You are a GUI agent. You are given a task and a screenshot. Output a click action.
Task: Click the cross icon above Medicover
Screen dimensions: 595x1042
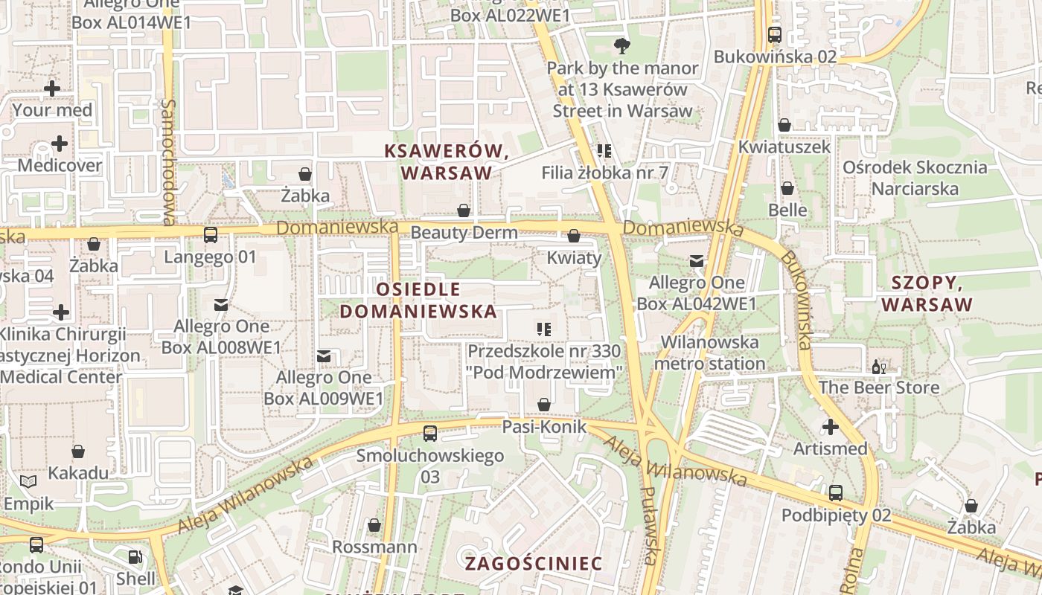click(x=60, y=144)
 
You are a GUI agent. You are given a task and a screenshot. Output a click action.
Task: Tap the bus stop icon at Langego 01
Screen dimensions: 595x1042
click(x=211, y=235)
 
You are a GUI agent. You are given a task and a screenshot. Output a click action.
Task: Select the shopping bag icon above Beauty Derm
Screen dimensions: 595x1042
click(x=464, y=210)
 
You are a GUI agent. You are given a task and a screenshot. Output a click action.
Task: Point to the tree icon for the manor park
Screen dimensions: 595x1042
click(x=621, y=47)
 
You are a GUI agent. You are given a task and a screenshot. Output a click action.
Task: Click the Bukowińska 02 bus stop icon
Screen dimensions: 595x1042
click(x=775, y=34)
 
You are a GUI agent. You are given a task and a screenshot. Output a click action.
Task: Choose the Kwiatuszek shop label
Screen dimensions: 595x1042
click(x=784, y=147)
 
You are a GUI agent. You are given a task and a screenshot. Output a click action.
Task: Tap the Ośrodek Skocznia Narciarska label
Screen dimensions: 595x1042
click(x=915, y=178)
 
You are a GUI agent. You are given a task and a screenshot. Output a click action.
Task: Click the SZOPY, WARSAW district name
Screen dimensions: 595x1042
click(x=927, y=294)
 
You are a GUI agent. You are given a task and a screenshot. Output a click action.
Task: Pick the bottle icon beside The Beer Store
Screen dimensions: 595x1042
click(x=878, y=367)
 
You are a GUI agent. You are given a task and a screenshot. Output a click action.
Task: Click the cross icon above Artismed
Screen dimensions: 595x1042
click(x=831, y=427)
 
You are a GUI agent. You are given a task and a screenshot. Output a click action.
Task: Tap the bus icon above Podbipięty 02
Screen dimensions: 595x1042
click(x=836, y=492)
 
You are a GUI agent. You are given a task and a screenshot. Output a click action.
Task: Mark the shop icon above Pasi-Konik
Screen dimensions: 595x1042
click(x=544, y=404)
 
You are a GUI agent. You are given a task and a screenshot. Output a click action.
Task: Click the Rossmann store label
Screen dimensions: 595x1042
click(x=374, y=547)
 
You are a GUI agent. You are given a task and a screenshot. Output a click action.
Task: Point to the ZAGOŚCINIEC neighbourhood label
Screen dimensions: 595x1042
click(x=534, y=564)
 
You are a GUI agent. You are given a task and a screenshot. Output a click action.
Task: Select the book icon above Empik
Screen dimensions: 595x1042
click(x=28, y=482)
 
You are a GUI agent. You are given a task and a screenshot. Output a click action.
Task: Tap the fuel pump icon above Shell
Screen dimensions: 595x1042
click(x=135, y=556)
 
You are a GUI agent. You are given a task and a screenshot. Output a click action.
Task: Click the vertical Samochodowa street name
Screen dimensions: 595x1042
click(x=169, y=162)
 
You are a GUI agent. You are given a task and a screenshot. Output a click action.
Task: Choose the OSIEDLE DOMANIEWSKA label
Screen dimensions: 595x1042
click(x=418, y=300)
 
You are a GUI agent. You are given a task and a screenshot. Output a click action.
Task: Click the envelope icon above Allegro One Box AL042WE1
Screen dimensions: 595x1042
click(x=696, y=261)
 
